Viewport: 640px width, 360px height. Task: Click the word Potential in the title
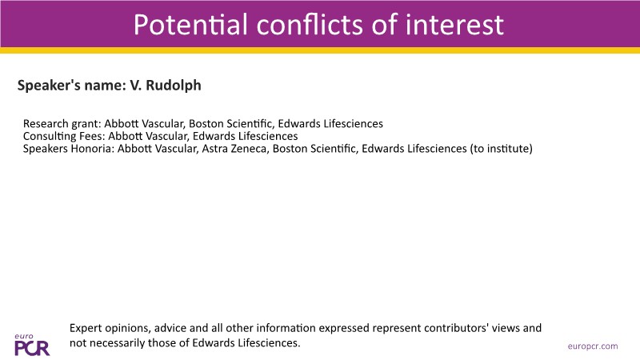[190, 25]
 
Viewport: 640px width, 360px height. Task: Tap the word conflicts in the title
[310, 25]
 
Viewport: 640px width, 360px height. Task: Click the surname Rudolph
[174, 86]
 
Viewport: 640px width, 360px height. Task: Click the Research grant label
[62, 124]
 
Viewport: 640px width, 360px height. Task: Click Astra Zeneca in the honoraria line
[234, 149]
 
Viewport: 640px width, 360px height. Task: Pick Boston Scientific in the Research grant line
[231, 124]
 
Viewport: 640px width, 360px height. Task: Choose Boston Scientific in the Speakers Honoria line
[315, 149]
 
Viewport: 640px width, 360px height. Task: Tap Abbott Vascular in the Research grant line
[144, 124]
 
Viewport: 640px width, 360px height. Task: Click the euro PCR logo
[32, 345]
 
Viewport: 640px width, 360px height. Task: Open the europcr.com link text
[593, 346]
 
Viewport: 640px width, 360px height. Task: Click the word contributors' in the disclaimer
[455, 328]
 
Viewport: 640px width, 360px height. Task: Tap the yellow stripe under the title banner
[320, 50]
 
